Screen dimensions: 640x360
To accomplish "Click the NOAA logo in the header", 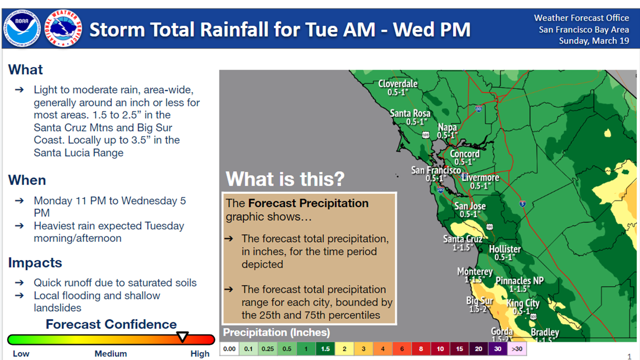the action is pos(21,28).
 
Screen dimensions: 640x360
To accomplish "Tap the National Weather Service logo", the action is pos(63,28).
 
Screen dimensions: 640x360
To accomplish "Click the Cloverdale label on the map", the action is pos(397,83).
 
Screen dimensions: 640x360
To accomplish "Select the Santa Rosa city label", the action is pos(410,113).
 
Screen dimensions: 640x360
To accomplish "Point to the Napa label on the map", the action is pos(447,127).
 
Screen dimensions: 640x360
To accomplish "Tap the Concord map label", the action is pos(464,153).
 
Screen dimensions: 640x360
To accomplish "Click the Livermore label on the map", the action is pos(481,177).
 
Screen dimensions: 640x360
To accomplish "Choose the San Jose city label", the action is pos(470,206).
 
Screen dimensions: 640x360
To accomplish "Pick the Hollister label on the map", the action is pos(505,249).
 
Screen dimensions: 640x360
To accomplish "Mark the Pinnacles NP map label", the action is pos(519,281).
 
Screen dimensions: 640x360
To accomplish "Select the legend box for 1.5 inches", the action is pos(325,349).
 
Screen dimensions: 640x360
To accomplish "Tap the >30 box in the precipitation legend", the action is pos(517,349).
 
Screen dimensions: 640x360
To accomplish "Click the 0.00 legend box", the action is pos(229,349).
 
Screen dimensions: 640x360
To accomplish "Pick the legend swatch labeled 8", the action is pos(421,349).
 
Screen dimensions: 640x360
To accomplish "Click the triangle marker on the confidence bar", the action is pos(182,336).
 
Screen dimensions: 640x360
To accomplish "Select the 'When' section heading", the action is pos(27,180).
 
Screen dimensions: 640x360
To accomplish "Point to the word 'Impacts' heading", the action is pos(35,262).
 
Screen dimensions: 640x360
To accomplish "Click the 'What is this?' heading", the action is pos(285,179).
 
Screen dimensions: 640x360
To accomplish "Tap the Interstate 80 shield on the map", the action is pos(478,108).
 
